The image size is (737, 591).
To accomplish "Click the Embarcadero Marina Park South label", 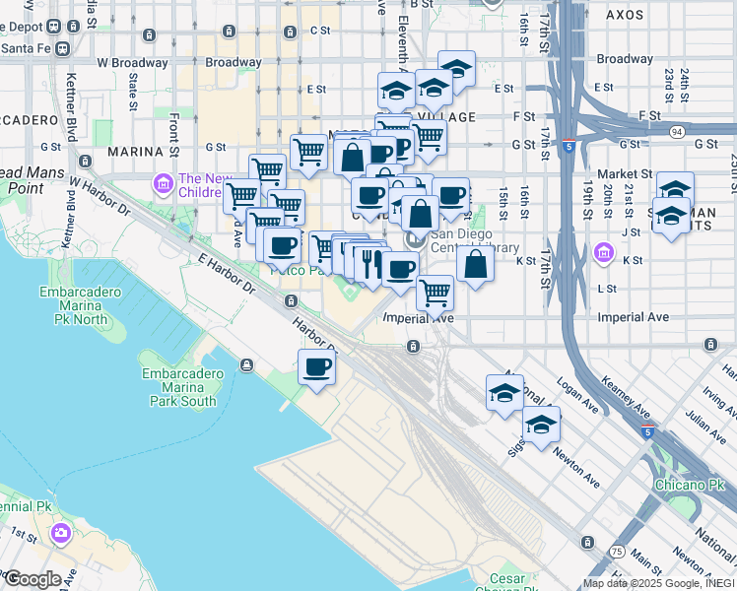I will coord(178,388).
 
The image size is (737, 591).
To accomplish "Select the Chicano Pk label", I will coord(687,485).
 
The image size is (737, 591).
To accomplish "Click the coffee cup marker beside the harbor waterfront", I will coord(317,367).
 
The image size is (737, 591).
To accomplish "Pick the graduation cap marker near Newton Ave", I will coord(541,425).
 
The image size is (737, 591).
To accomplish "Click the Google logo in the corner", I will coord(33,579).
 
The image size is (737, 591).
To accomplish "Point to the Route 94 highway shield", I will coord(675,131).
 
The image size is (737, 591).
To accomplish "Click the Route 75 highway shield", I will coord(616,552).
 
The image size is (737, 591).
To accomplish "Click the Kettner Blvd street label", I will coord(71,103).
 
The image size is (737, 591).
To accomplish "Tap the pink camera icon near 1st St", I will coord(62,533).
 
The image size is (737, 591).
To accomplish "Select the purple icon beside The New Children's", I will coord(163,184).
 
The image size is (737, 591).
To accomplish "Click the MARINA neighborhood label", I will coord(134,152).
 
